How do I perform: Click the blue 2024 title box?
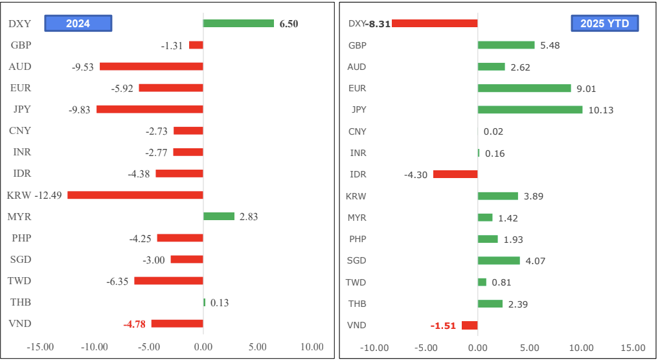pos(78,23)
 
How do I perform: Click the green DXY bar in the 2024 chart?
pos(238,23)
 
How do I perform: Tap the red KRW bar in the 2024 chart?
pos(135,195)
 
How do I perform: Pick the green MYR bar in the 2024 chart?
pos(219,216)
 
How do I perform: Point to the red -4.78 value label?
pos(135,324)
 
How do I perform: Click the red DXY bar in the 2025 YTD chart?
pos(435,23)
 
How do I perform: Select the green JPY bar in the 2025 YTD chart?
pos(530,109)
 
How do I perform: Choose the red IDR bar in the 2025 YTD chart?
pos(455,174)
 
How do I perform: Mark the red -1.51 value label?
pos(444,325)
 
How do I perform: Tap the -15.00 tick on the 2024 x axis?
pos(40,347)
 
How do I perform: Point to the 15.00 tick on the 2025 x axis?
pos(633,347)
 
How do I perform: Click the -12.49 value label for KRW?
pos(48,195)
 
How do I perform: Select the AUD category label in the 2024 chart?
pos(20,67)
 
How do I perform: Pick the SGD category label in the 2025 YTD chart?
pos(357,260)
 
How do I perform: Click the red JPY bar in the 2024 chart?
pos(150,109)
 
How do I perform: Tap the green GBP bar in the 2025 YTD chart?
pos(506,45)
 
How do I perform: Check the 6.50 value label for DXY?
pos(289,24)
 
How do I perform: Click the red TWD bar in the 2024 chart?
pos(168,281)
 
